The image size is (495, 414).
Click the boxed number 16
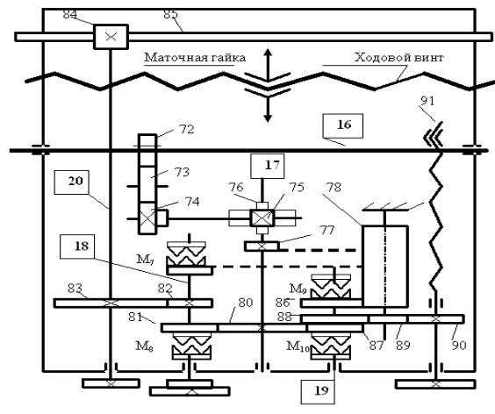click(343, 125)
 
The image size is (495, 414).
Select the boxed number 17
click(268, 166)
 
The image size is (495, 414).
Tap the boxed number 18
click(76, 246)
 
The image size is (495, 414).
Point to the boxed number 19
click(318, 392)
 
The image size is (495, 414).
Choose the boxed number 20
click(71, 182)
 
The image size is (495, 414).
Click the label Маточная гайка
click(195, 58)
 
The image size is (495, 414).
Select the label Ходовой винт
click(399, 58)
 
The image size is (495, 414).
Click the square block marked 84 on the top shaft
click(111, 37)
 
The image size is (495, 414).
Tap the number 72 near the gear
click(187, 129)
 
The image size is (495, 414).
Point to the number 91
click(427, 101)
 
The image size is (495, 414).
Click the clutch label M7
click(145, 260)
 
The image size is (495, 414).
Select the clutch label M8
click(145, 346)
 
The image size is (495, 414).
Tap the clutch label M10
click(298, 346)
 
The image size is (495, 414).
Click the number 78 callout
click(334, 188)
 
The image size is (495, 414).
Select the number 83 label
click(75, 288)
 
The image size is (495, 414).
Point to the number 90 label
click(459, 346)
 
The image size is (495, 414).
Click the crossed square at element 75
click(262, 218)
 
